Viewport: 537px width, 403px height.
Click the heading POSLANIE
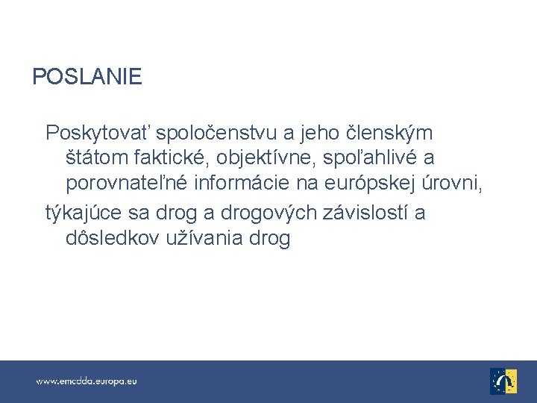coord(87,76)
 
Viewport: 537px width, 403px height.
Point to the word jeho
coord(316,134)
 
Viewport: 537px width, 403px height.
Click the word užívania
coord(202,240)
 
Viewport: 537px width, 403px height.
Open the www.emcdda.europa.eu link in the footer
coord(87,381)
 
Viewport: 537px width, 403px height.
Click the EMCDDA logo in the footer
coord(503,381)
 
